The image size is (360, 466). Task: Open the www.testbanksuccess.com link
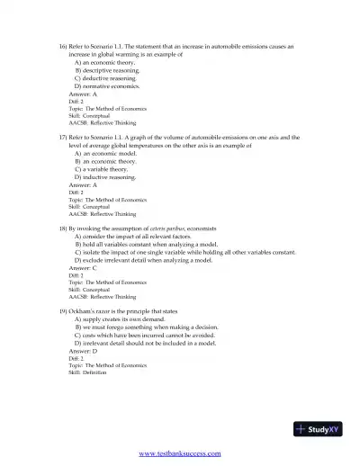[x=179, y=454]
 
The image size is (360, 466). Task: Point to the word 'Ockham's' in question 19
[x=85, y=310]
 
